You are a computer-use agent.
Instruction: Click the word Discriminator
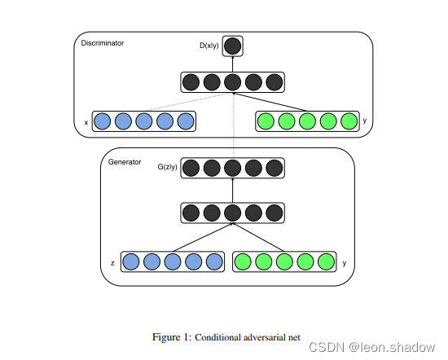point(103,43)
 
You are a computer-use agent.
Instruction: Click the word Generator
point(125,162)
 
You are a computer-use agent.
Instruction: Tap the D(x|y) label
point(209,46)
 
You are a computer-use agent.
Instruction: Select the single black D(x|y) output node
point(233,46)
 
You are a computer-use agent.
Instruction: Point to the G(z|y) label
point(168,167)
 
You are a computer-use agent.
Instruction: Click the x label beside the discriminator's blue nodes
point(86,122)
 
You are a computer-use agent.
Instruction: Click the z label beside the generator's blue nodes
point(112,263)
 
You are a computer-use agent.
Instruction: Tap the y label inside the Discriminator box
point(365,121)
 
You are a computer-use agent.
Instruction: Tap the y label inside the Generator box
point(345,263)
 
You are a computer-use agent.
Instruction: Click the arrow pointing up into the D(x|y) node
point(233,64)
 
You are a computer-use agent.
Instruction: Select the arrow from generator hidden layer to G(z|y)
point(233,191)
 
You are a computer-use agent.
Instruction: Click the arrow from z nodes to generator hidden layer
point(203,237)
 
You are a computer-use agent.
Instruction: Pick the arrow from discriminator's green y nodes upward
point(270,102)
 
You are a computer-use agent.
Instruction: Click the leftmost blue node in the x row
point(103,121)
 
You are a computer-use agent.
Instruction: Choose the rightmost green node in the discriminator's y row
point(349,121)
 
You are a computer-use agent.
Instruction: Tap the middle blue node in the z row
point(173,261)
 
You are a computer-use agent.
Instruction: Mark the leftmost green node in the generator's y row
point(243,261)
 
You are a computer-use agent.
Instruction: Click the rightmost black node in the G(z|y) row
point(275,168)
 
